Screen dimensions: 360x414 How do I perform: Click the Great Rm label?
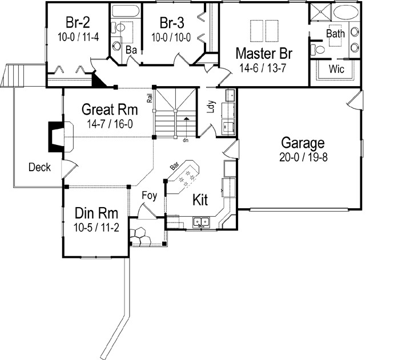pos(107,109)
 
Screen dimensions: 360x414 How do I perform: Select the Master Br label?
pos(264,54)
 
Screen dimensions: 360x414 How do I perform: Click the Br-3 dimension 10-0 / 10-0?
pos(171,37)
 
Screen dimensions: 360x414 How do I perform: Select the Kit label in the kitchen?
pos(199,200)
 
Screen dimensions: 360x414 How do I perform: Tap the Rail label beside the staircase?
pos(150,98)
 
